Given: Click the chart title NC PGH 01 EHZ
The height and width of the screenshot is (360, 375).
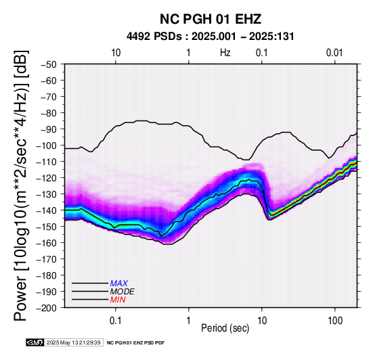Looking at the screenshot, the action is coord(211,19).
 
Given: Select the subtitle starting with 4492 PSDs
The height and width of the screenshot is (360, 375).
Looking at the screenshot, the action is coord(211,37).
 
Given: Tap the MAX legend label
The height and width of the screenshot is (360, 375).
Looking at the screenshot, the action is coord(119,284).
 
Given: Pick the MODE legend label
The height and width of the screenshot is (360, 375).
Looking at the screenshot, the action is coord(123,292).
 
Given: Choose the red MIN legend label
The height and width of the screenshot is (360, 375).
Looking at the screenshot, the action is coord(118,300).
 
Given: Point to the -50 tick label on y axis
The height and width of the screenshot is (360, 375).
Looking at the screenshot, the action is coord(49,64).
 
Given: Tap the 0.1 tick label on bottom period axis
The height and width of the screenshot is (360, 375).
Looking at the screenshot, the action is coord(116,321).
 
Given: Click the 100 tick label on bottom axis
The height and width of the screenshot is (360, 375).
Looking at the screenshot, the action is coord(335,321).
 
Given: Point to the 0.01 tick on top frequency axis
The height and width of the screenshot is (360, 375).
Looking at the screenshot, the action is coord(334,53).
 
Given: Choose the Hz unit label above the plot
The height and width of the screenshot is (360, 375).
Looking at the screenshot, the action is coord(225,53).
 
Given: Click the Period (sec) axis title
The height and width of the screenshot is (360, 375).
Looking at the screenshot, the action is coord(225,328).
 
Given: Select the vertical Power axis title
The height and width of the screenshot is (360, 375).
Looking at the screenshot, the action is coord(21,185).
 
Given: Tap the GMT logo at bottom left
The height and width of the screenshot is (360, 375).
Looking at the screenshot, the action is coord(35,342).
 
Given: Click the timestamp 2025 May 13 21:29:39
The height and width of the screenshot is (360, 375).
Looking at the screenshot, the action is coord(73,342).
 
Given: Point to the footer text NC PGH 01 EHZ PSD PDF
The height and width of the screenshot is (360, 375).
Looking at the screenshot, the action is coord(135,343).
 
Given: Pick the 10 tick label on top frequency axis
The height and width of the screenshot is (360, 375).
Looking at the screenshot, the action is coord(116,53).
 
